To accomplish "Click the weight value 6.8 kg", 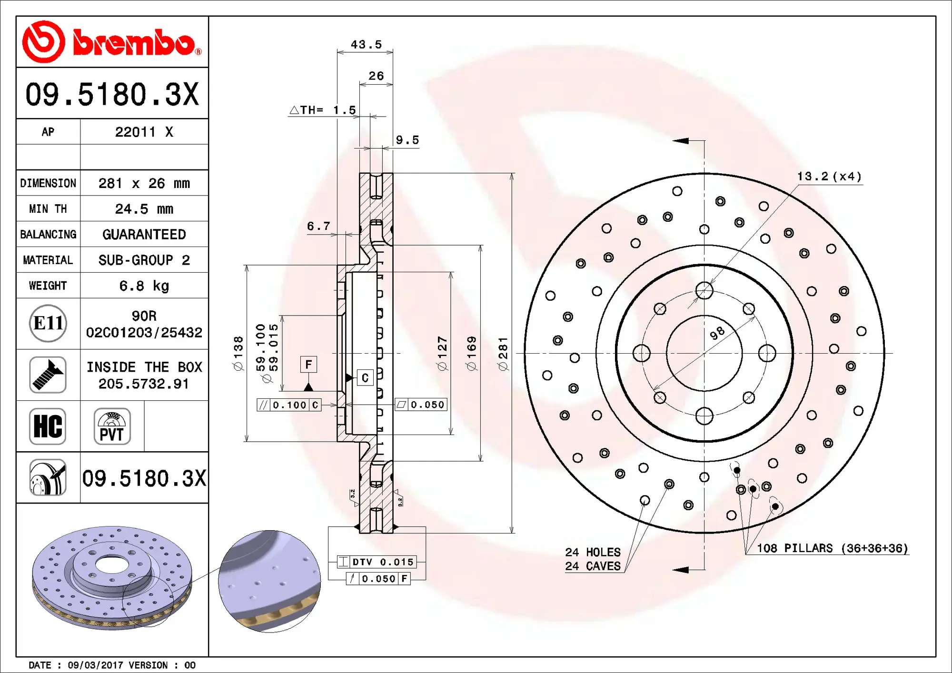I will tap(144, 286).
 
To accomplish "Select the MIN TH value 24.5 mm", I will tap(144, 209).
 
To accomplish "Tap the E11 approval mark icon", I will tap(48, 324).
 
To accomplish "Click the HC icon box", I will tap(48, 426).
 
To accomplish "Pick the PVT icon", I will tap(112, 426).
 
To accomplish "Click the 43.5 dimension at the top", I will tap(366, 44).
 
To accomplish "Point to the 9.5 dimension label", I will tap(407, 140).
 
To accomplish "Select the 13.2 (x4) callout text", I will tap(829, 177).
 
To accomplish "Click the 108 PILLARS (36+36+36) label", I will tap(832, 548).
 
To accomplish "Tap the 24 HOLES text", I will tap(593, 552).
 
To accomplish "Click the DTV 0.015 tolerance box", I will tap(377, 562).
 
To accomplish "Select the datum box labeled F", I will tap(308, 365).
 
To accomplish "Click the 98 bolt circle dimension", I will tap(717, 333).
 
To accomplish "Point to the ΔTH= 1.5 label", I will tap(323, 110).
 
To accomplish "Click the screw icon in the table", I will tap(48, 375).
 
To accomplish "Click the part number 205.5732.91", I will tap(144, 384).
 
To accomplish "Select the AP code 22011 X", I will tap(144, 132).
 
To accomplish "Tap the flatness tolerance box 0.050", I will tap(421, 405).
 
